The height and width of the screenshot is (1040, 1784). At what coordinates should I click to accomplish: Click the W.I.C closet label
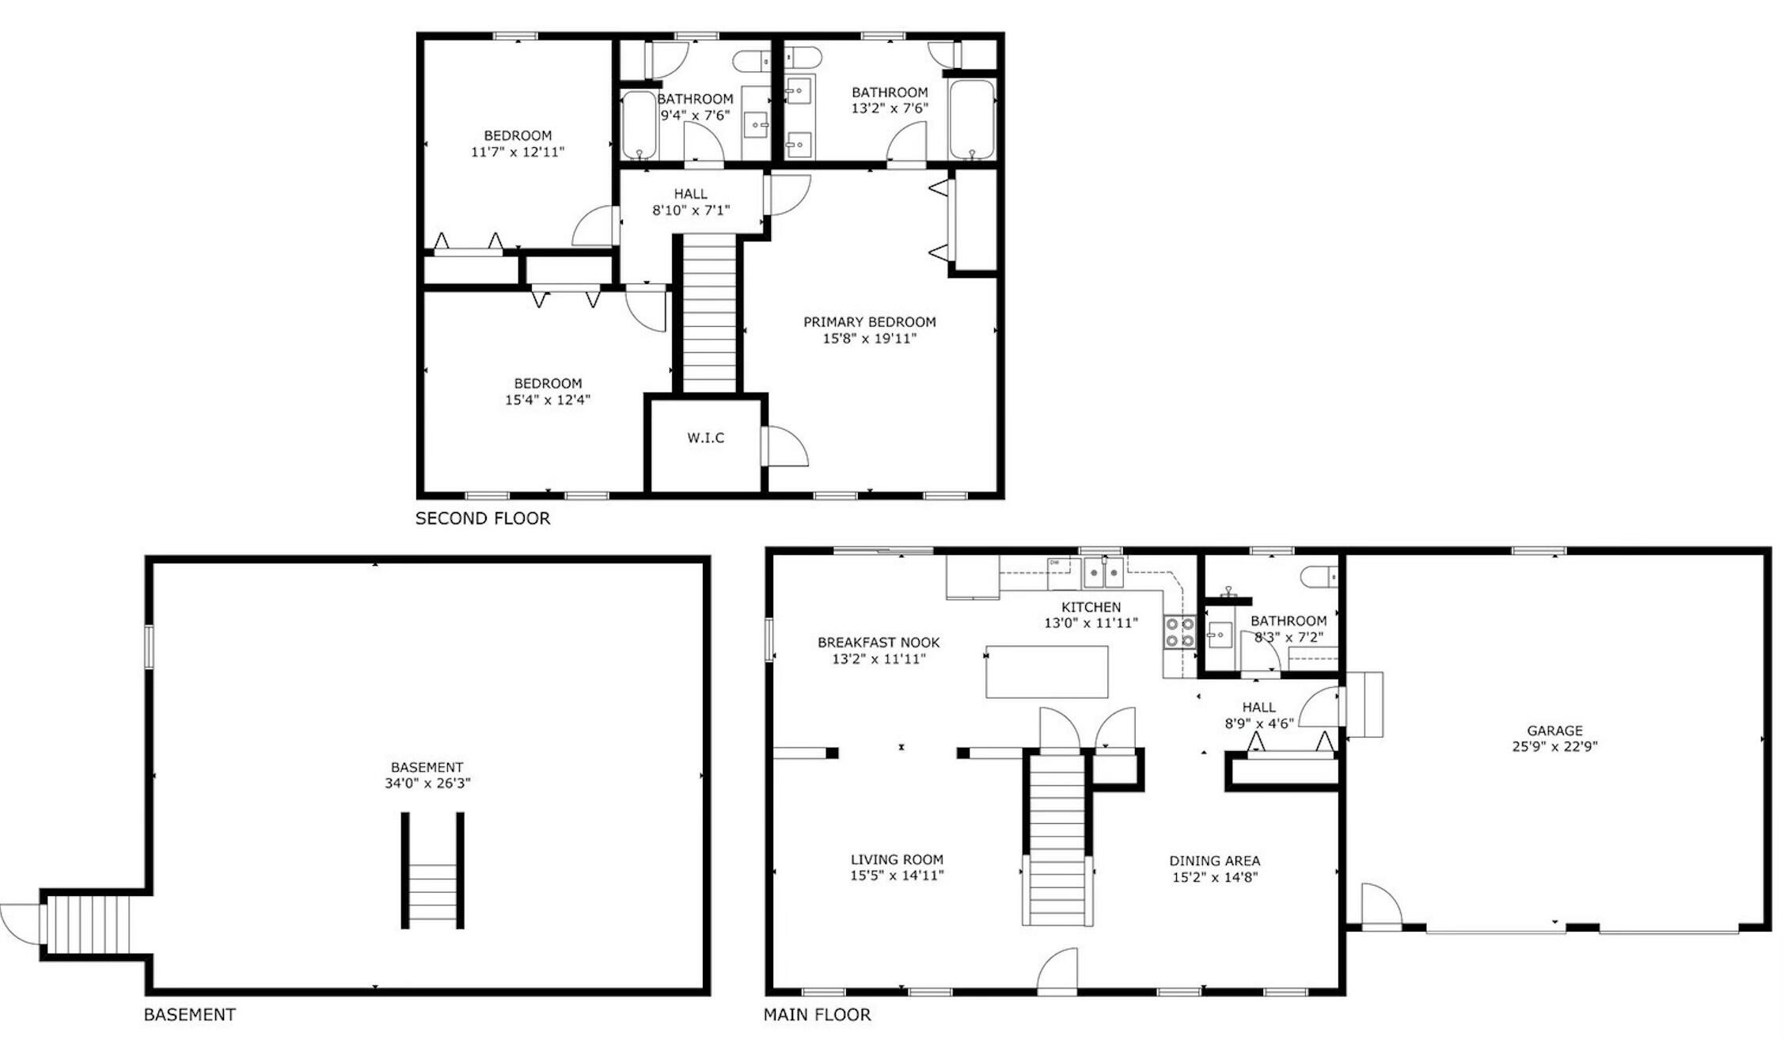coord(705,438)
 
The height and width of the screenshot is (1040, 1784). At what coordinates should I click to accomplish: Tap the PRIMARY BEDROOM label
coord(869,322)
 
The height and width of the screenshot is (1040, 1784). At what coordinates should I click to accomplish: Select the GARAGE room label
coord(1554,731)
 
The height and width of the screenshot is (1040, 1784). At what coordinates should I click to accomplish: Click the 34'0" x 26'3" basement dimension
coord(427,784)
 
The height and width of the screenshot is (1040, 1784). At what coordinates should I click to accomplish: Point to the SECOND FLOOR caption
coord(483,518)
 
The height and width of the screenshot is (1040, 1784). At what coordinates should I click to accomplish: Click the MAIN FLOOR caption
coord(817,1014)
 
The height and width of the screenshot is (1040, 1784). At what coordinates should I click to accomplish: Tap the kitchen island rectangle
coord(1046,672)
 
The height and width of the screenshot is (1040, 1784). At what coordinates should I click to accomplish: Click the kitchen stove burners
coord(1179,632)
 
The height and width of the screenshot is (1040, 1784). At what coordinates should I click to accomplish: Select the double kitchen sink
coord(1103,572)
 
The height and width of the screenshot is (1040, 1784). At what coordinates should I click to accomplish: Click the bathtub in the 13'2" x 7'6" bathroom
coord(971,120)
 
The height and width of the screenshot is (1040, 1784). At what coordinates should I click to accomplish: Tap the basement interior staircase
coord(432,871)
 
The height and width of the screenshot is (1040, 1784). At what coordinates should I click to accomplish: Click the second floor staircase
coord(709,313)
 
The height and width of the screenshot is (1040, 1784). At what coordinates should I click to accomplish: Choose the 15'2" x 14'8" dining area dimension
coord(1215,877)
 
